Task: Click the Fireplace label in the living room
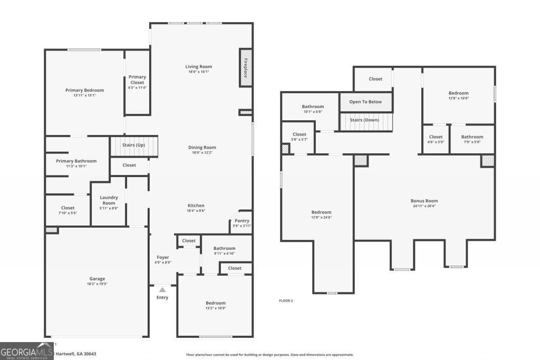click(246, 67)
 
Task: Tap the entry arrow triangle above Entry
click(162, 289)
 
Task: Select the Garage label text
click(97, 279)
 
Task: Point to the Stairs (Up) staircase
click(133, 145)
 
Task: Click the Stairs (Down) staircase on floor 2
click(365, 121)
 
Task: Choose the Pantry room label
click(242, 220)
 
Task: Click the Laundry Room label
click(109, 200)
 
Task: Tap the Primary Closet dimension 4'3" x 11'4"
click(137, 88)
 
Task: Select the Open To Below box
click(365, 102)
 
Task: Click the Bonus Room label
click(424, 201)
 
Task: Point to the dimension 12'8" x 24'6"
click(321, 217)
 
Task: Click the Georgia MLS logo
click(27, 352)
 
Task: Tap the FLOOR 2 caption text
click(286, 300)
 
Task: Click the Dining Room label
click(202, 148)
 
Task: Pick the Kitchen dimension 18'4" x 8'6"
click(196, 211)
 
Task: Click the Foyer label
click(162, 257)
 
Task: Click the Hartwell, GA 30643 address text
click(76, 354)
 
